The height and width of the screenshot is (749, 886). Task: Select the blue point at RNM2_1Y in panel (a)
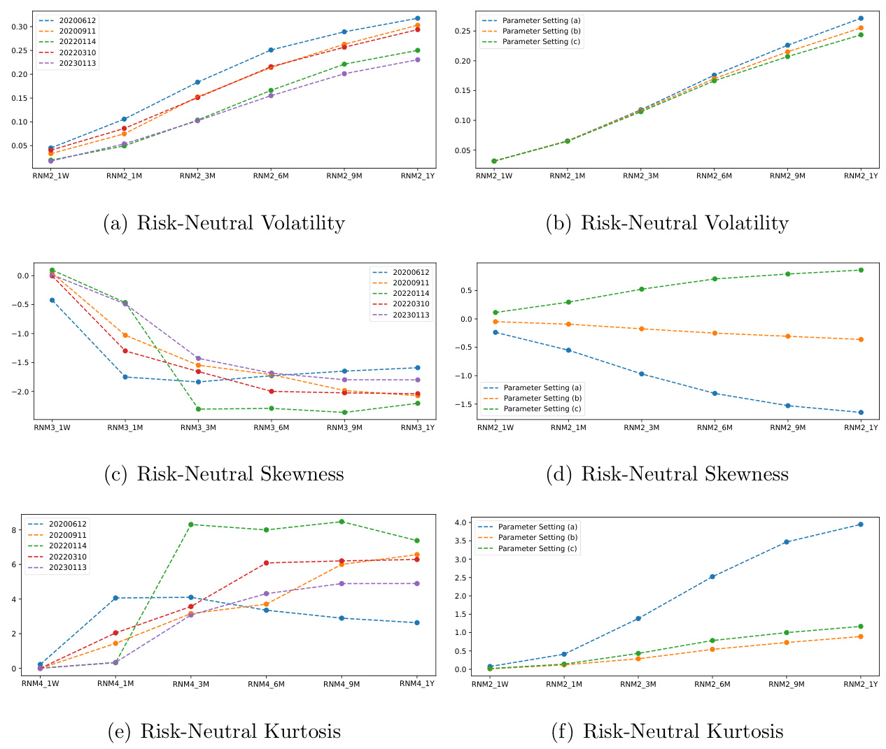tap(417, 18)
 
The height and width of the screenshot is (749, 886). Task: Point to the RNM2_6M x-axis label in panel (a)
tap(271, 176)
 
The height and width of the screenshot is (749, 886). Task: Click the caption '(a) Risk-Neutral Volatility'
tap(224, 223)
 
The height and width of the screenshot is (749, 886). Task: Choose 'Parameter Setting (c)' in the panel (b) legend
tap(541, 42)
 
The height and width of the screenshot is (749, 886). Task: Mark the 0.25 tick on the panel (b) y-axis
tap(462, 31)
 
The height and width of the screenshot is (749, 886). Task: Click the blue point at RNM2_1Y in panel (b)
tap(861, 18)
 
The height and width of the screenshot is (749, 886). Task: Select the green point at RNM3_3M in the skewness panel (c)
tap(197, 409)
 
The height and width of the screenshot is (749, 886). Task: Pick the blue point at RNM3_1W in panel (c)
tap(52, 300)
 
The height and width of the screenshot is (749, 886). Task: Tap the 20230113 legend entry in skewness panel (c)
tap(411, 315)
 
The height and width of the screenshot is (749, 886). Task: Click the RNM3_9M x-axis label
tap(344, 428)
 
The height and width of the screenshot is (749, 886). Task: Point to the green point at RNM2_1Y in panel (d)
tap(861, 270)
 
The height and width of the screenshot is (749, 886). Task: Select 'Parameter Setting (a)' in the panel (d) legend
tap(542, 387)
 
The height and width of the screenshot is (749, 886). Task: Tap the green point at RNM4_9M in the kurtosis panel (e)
tap(342, 522)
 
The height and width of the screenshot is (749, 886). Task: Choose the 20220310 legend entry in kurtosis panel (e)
tap(67, 557)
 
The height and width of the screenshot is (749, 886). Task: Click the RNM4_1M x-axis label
tap(115, 684)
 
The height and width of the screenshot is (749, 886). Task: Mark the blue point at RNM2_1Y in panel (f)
tap(860, 524)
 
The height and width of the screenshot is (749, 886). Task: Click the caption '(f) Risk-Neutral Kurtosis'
tap(668, 732)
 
